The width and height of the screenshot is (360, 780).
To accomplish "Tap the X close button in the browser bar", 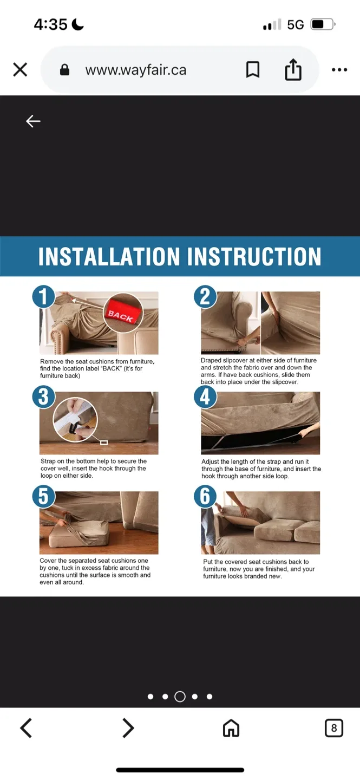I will click(x=20, y=70).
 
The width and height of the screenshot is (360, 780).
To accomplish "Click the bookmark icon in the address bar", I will click(x=253, y=70).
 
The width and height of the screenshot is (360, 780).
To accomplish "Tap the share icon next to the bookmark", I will click(x=293, y=70).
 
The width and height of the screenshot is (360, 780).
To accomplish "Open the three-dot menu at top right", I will click(x=339, y=70).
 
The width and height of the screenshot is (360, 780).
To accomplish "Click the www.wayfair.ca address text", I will click(x=135, y=70).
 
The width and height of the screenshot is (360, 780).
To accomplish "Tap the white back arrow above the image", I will click(x=34, y=121).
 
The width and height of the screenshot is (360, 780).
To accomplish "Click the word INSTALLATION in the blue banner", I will click(x=109, y=257).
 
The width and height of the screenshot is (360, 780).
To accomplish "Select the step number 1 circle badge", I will click(x=44, y=297).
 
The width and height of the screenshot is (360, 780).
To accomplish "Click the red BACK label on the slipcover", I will click(x=121, y=315).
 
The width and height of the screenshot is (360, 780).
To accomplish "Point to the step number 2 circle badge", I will click(x=205, y=297).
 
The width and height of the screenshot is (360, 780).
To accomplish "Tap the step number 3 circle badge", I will click(x=44, y=397).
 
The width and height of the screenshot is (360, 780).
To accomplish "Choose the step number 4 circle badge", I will click(x=205, y=397).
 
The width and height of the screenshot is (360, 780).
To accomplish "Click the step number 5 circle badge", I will click(x=44, y=497).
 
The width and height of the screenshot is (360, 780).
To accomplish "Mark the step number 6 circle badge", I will click(x=205, y=497).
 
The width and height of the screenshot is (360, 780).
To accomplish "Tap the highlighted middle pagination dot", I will click(x=180, y=697).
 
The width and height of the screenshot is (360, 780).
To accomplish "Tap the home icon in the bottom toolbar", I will click(x=231, y=728).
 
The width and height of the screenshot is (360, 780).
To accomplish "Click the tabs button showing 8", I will click(x=333, y=728).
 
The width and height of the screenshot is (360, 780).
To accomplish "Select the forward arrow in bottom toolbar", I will click(x=128, y=728).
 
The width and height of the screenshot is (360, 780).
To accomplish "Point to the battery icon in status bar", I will click(x=323, y=24).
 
